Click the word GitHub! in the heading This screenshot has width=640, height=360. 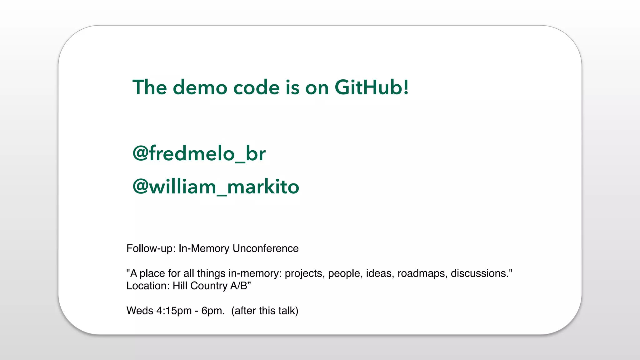tap(371, 87)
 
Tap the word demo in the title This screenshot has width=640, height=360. tap(200, 87)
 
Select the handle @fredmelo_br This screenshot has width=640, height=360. tap(199, 153)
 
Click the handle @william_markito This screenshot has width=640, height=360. tap(216, 187)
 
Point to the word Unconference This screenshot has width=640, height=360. tap(266, 248)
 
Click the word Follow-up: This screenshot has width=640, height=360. tap(151, 248)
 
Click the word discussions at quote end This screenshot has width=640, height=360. tap(480, 273)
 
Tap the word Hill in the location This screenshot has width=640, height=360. tap(180, 286)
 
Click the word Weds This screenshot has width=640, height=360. tap(140, 311)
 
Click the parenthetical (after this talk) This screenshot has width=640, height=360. tap(265, 311)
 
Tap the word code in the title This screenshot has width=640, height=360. tap(256, 87)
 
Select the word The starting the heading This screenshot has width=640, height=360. tap(149, 87)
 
